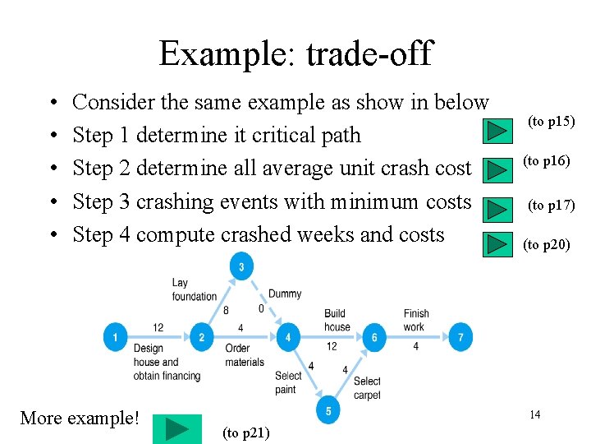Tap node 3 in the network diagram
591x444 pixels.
click(241, 266)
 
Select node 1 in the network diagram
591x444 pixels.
click(115, 337)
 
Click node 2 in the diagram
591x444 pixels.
click(202, 337)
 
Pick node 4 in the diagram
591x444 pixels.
click(288, 337)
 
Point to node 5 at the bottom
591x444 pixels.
click(328, 411)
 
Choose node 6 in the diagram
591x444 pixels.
click(374, 337)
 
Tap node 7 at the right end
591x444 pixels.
click(460, 337)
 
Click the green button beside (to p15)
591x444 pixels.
click(496, 132)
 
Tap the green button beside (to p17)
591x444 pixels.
click(496, 209)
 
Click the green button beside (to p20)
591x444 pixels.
click(496, 244)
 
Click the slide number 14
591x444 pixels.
click(534, 414)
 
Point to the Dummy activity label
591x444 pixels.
click(285, 294)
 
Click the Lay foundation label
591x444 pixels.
click(194, 289)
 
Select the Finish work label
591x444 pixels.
click(416, 320)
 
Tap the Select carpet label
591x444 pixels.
click(367, 388)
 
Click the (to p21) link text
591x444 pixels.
click(246, 432)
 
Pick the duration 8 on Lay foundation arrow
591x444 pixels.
click(227, 310)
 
